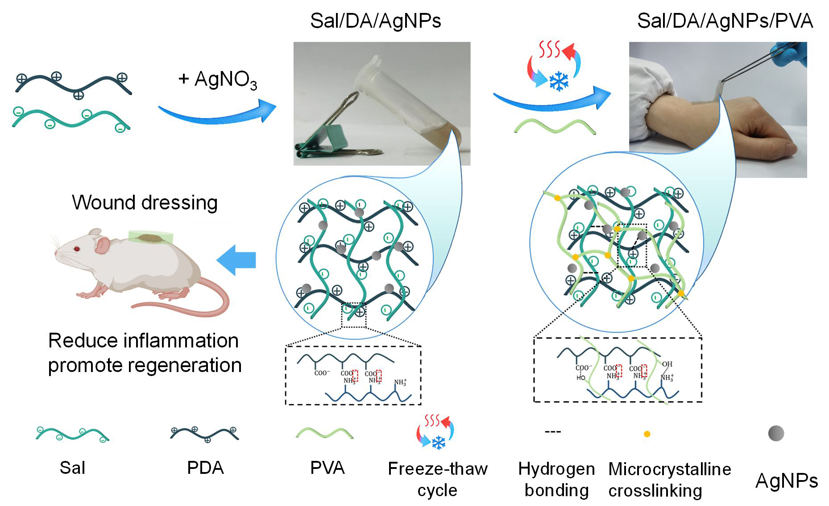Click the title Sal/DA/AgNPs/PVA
tap(725, 21)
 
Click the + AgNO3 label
tap(218, 79)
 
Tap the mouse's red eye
tap(77, 248)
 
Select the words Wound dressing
tap(145, 202)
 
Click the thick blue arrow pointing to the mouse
tap(236, 260)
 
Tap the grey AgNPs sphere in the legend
tap(776, 433)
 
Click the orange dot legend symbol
tap(647, 434)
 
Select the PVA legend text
tap(327, 468)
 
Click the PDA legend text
tap(205, 468)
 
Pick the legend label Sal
tap(72, 468)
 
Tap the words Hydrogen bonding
tap(556, 479)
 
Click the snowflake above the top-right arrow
tap(558, 81)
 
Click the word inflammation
tap(181, 341)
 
